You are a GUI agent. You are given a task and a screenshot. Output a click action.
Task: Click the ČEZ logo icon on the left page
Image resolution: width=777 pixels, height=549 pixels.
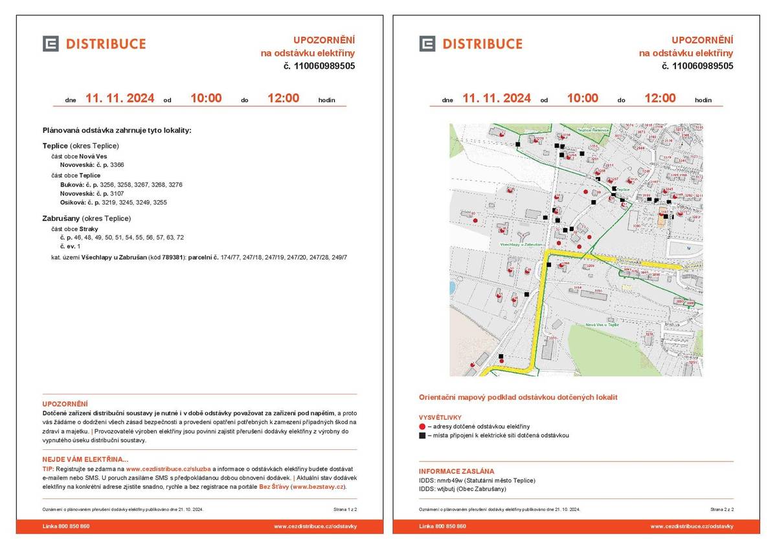coord(51,43)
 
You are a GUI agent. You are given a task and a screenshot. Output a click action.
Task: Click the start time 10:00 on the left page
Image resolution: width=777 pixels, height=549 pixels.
coord(205,98)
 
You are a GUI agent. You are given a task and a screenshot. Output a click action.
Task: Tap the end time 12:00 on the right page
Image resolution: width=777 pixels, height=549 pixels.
coord(660,98)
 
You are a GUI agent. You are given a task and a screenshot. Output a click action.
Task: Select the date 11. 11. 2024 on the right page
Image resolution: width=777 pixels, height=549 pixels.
coord(496,98)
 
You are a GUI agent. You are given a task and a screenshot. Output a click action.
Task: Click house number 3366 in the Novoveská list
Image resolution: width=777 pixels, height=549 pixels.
coord(117,165)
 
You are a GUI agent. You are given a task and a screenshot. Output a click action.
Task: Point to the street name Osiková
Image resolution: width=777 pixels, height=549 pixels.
coord(73,203)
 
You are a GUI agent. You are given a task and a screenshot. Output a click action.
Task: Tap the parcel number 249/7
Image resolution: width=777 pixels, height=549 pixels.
coord(339,257)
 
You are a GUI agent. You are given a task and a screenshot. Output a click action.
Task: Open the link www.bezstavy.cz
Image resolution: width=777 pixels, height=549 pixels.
coord(318,487)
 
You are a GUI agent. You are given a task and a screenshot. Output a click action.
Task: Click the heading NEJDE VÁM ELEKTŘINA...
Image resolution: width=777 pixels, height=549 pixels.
coord(85,460)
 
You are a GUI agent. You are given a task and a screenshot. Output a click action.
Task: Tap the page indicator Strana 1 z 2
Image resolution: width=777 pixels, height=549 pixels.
coord(345,510)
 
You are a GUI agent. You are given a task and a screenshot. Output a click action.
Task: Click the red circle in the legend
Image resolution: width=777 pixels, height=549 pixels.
coord(422,427)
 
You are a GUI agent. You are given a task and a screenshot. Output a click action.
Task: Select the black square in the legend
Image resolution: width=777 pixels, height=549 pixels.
coord(422,436)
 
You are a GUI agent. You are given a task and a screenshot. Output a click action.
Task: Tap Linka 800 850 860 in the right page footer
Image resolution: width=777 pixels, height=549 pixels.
coord(442,526)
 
